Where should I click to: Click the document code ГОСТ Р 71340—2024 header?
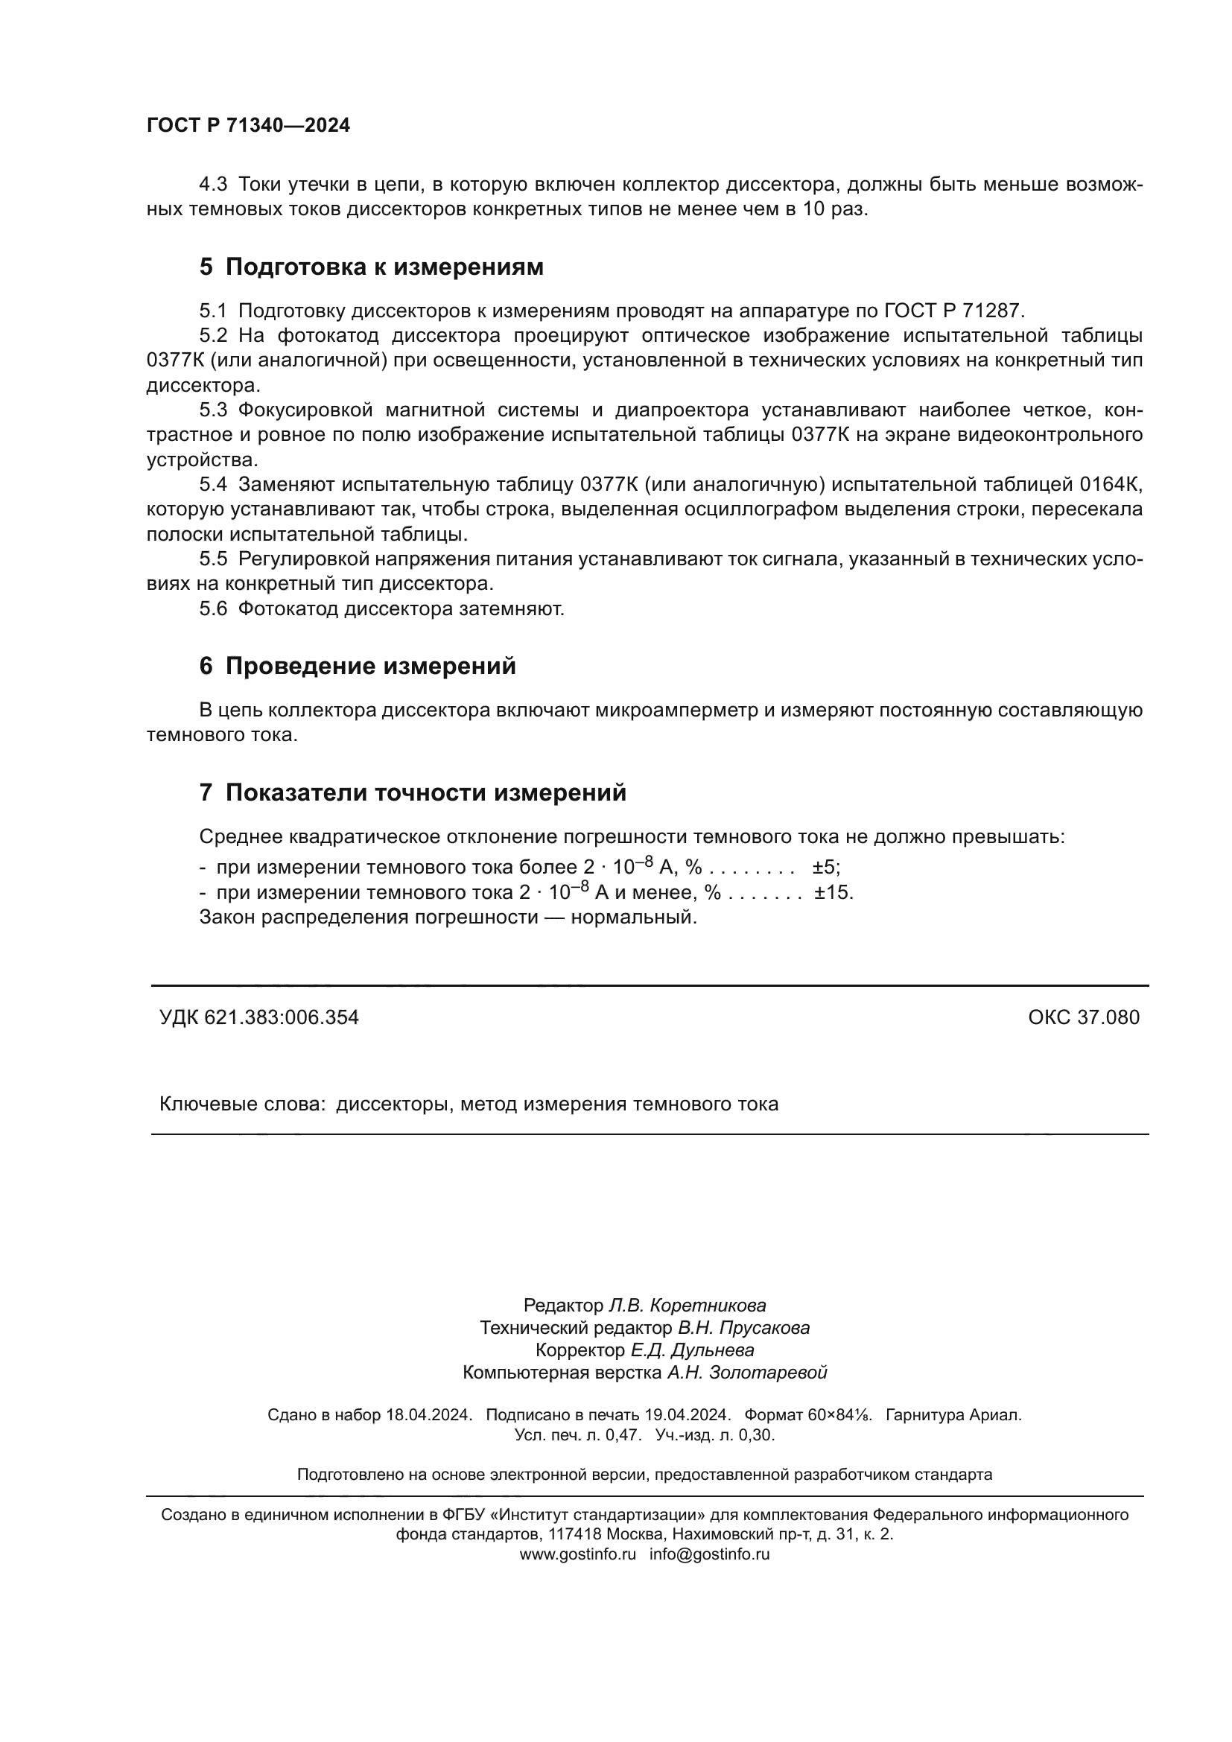click(x=248, y=126)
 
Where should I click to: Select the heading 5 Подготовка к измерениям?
click(x=371, y=267)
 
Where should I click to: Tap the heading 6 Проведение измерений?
click(x=358, y=666)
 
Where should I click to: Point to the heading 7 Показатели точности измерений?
click(x=413, y=793)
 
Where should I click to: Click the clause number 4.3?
click(x=213, y=185)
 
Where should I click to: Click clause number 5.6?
click(x=213, y=609)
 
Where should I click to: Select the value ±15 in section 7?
click(x=833, y=892)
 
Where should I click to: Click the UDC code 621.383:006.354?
click(x=282, y=1017)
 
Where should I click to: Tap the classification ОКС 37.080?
click(x=1083, y=1017)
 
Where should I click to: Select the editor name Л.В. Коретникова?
click(x=688, y=1306)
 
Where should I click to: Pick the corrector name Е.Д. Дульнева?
click(x=692, y=1350)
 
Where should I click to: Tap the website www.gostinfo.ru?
click(x=577, y=1554)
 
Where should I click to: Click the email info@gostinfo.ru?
click(x=709, y=1554)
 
